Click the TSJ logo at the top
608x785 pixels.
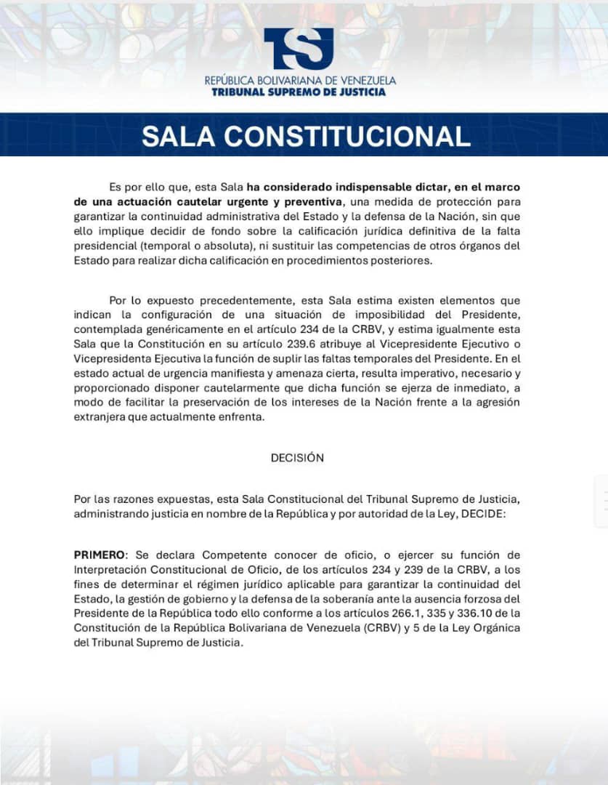pyautogui.click(x=299, y=49)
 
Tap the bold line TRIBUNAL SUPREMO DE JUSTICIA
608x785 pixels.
pyautogui.click(x=299, y=92)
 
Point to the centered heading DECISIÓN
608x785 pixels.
pyautogui.click(x=297, y=458)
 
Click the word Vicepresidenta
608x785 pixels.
pyautogui.click(x=110, y=358)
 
